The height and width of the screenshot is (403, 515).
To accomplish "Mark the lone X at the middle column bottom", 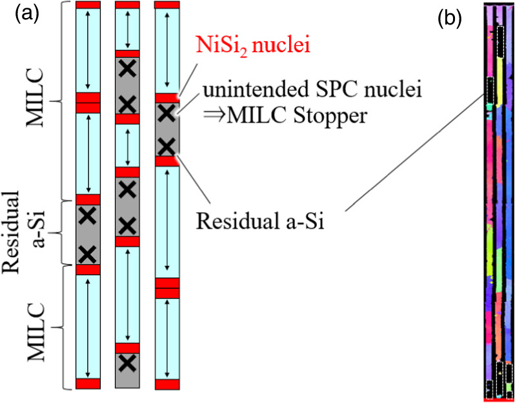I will (x=128, y=363).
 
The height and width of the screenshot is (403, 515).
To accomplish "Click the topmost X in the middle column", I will (x=128, y=70).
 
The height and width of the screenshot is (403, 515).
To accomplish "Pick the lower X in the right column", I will (x=167, y=146).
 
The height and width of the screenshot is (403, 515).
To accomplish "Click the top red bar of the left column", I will (x=88, y=5).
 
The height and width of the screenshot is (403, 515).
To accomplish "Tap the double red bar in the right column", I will (x=167, y=288).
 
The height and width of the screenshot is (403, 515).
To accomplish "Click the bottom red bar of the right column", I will (x=167, y=384).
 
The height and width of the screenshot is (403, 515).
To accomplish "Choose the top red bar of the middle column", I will (x=128, y=5).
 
